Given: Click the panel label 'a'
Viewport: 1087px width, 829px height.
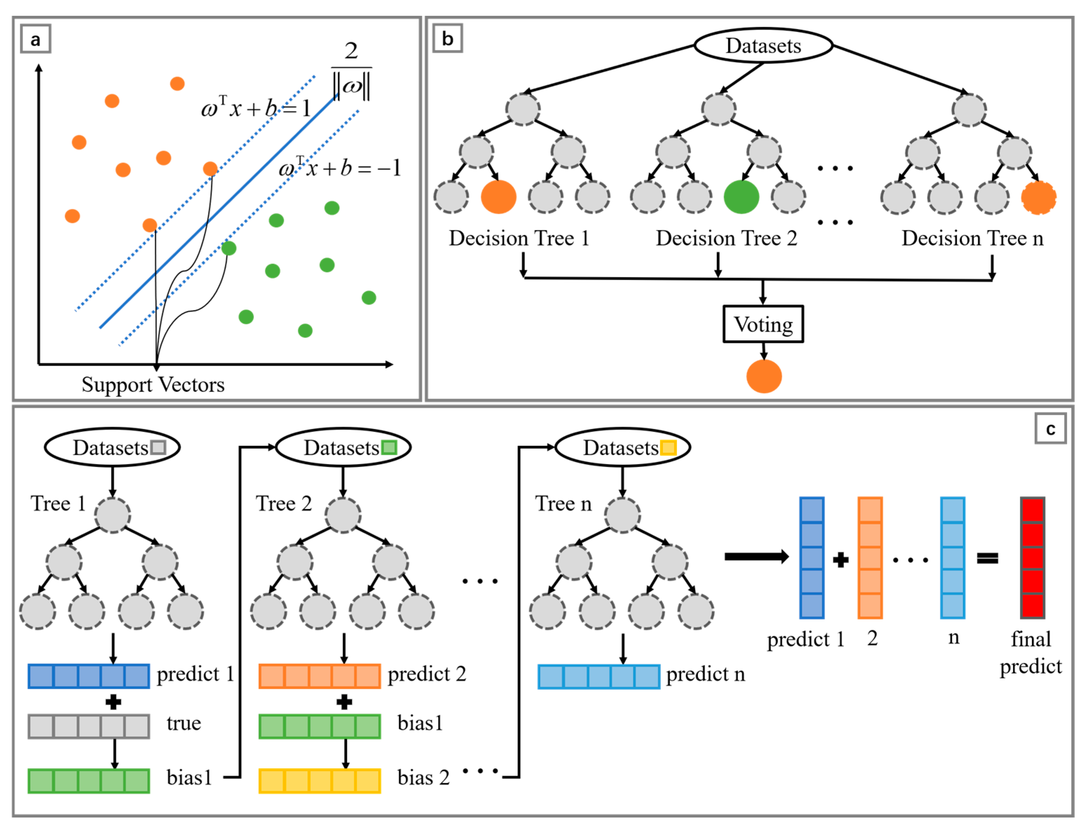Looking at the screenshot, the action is pos(35,39).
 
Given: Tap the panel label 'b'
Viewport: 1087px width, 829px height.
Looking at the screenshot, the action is pos(447,39).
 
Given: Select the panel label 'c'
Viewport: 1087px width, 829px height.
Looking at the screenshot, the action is pos(1051,429).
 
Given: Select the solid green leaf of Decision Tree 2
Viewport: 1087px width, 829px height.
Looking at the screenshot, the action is pos(741,197).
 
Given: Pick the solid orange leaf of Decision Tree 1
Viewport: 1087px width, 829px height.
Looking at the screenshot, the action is pos(499,197).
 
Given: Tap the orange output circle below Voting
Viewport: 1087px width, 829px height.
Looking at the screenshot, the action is pos(764,376).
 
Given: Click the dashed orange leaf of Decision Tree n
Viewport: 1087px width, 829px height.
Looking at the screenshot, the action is pos(1039,197).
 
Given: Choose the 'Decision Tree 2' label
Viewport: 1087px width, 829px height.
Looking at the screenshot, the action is pos(726,238).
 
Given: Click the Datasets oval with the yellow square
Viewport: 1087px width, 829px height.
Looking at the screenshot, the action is pos(622,447).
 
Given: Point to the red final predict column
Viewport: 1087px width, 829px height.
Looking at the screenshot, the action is pos(1032,558).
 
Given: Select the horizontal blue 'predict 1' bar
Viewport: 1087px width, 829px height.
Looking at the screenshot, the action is pos(89,676).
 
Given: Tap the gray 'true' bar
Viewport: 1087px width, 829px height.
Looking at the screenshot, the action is pos(89,727).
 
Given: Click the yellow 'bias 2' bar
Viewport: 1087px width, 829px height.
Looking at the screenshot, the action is pos(320,781).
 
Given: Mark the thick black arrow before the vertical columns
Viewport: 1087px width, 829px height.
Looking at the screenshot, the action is pos(757,557).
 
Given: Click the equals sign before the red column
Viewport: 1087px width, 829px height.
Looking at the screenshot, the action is pos(987,558).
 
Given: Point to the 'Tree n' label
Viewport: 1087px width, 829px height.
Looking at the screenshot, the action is pos(563,504).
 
